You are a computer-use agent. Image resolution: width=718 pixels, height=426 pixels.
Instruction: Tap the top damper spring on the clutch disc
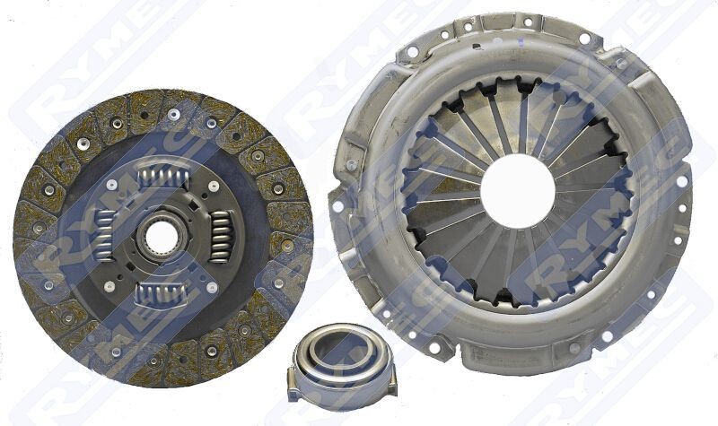pos(162,176)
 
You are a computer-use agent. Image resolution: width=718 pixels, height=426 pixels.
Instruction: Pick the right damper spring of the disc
pos(220,237)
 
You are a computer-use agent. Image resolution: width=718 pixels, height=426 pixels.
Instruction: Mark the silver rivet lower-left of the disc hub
pos(109,287)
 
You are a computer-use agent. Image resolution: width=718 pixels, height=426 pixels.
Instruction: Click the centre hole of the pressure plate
pos(517,189)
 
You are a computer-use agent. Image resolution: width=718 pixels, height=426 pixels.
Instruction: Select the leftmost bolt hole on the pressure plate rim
pos(337,205)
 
